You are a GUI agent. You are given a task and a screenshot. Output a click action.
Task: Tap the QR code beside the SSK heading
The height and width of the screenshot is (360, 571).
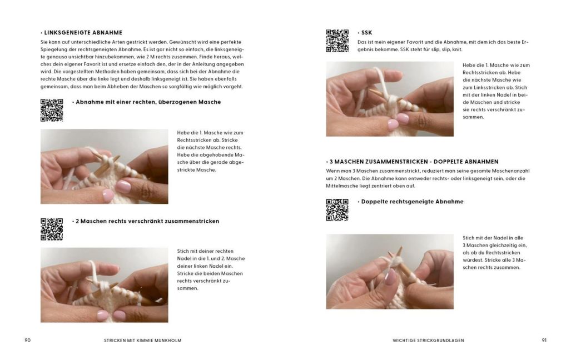click(337, 41)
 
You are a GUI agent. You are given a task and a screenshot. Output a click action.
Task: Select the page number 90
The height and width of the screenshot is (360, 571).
click(28, 341)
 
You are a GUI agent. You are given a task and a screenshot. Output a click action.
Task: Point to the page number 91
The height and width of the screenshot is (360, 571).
click(544, 341)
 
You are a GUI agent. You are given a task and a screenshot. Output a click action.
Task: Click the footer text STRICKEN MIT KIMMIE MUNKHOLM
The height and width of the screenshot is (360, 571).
click(143, 341)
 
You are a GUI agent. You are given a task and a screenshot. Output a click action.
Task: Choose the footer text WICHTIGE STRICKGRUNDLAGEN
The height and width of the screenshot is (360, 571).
click(428, 341)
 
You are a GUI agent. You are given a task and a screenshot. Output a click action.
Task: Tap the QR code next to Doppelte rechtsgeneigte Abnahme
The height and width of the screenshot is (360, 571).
click(337, 210)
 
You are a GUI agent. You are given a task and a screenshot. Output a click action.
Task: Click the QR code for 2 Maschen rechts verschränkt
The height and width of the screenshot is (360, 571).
click(52, 229)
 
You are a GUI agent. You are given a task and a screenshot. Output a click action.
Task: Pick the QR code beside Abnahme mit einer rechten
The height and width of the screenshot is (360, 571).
click(52, 111)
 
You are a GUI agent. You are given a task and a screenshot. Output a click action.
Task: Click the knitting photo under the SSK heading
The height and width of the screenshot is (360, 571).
click(390, 99)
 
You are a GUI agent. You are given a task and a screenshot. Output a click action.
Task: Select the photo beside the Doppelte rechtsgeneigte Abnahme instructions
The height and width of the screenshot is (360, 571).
click(390, 272)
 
